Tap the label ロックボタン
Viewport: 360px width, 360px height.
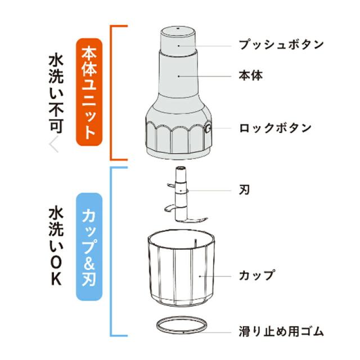(x=275, y=128)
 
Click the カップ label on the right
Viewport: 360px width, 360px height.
(x=257, y=276)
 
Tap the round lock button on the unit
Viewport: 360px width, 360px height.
(x=209, y=129)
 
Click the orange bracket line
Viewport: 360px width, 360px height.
(x=112, y=93)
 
